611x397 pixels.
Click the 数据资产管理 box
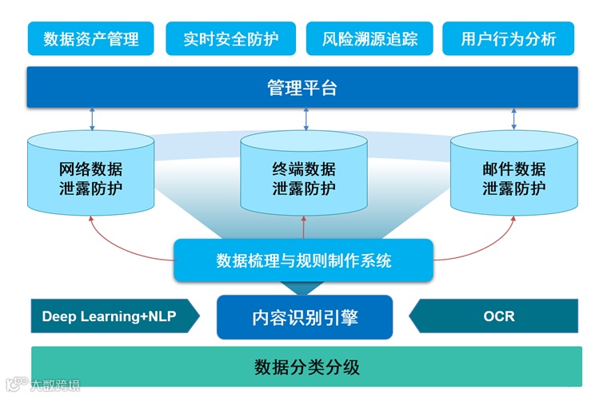point(91,38)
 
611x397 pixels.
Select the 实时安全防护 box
point(230,38)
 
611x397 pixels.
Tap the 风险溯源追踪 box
point(369,38)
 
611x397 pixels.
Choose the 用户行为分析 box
point(509,38)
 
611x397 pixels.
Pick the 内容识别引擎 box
point(305,317)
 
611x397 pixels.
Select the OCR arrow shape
point(496,316)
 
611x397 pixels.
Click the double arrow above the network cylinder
point(92,119)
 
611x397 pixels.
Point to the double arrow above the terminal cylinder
point(305,119)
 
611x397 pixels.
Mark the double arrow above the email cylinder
point(513,119)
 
